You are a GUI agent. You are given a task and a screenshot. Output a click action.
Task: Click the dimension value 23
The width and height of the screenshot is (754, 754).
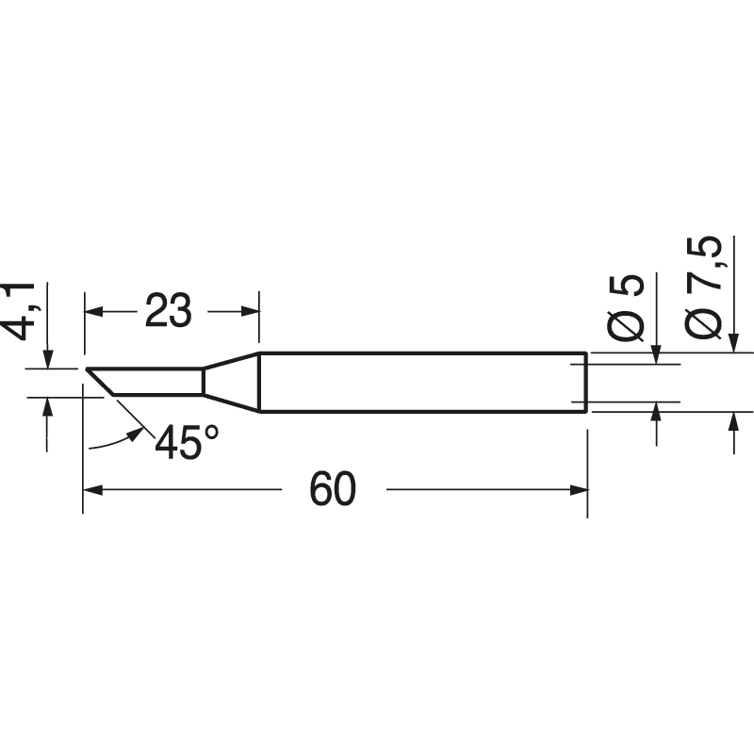169,310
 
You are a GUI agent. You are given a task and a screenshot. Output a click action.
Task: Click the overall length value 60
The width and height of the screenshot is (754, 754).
334,489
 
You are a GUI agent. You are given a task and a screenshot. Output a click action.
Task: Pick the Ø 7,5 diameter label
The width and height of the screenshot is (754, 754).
706,287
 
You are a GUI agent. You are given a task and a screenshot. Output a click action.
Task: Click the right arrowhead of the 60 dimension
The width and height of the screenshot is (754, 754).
579,489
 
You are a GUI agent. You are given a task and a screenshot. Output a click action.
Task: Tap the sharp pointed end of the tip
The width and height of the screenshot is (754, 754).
87,369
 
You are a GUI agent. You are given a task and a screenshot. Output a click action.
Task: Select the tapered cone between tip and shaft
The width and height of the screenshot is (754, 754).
231,382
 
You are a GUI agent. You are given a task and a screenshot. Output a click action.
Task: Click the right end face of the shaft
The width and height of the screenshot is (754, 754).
586,383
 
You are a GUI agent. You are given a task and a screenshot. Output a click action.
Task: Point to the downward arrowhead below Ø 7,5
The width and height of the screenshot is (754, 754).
733,343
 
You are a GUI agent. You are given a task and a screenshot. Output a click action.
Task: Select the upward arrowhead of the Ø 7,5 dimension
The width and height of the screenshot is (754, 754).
733,422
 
